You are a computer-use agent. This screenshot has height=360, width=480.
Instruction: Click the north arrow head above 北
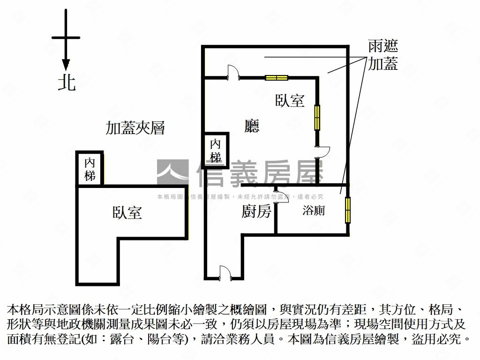[66, 65]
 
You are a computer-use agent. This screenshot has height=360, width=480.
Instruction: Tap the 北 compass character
[66, 83]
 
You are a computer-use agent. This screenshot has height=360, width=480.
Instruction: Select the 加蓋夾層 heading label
[135, 128]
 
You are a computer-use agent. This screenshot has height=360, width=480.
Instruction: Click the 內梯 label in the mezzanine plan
[90, 169]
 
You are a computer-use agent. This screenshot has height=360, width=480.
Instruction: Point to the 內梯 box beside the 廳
[216, 150]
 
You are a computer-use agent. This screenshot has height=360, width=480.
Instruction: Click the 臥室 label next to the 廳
[290, 101]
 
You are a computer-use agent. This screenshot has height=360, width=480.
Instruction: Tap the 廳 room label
[252, 126]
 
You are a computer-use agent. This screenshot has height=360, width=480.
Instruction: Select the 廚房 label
[256, 212]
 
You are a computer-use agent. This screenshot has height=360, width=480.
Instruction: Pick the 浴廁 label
[314, 211]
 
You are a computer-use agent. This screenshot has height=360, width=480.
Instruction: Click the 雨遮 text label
[382, 46]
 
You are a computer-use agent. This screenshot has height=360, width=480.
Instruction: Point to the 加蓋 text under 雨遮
[382, 63]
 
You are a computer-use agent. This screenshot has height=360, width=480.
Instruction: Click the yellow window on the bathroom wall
[347, 210]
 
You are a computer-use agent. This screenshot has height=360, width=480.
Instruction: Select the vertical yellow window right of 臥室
[317, 117]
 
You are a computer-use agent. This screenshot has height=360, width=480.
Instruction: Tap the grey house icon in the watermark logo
[172, 172]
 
